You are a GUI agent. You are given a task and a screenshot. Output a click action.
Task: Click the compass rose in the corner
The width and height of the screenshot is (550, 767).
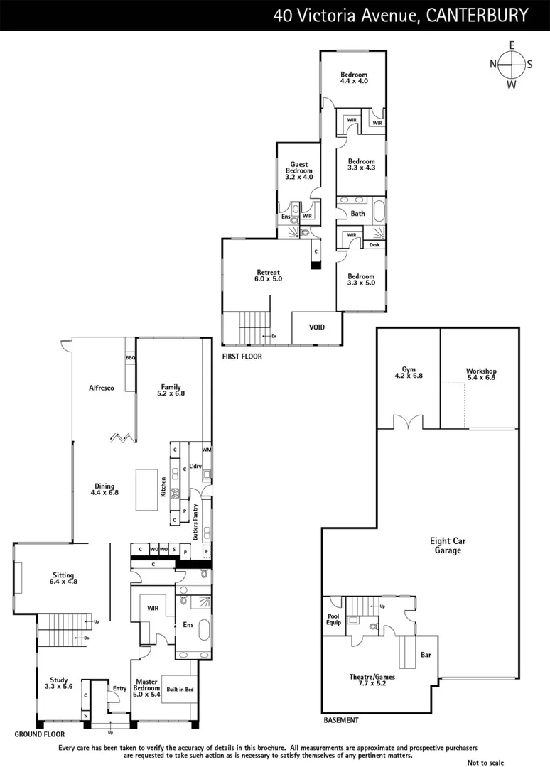(511, 65)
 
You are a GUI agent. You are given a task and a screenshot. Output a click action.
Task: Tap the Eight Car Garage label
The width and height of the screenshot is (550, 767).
(448, 545)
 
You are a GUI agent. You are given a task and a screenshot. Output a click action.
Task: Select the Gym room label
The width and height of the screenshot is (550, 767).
(408, 373)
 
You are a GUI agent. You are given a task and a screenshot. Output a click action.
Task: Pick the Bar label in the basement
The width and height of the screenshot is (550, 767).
(426, 654)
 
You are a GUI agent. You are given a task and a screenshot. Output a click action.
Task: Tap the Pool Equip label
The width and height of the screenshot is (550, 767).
(333, 619)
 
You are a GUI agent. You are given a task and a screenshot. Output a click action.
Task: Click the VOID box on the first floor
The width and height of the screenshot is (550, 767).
(317, 327)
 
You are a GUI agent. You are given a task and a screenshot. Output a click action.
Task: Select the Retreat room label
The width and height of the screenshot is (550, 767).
(269, 276)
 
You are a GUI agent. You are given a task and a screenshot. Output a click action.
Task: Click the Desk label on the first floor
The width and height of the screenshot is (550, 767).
(374, 244)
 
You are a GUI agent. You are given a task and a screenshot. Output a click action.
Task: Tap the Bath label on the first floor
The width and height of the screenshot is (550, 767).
(357, 213)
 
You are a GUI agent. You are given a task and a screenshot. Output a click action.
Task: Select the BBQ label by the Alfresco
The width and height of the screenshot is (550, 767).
(130, 359)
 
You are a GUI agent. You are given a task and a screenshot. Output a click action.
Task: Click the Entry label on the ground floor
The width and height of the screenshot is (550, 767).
(119, 688)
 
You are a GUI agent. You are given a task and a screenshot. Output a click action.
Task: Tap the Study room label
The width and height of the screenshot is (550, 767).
(58, 683)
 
